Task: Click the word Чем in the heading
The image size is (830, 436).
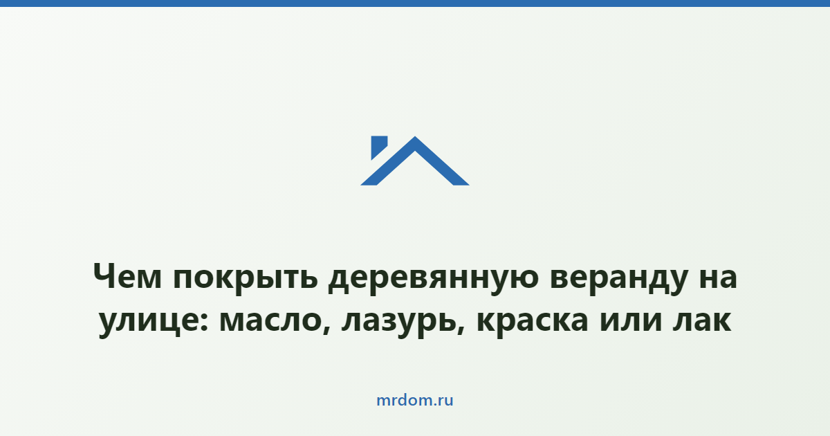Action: (x=127, y=276)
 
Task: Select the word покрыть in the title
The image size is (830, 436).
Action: (x=246, y=279)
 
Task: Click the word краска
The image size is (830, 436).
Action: (x=533, y=321)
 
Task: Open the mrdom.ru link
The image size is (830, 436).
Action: (x=415, y=401)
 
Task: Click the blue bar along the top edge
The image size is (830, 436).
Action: (x=415, y=3)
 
